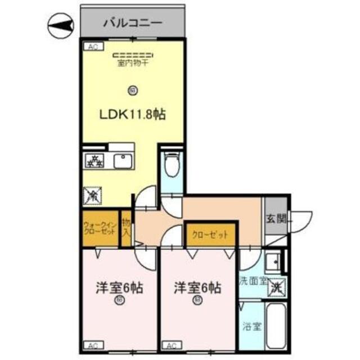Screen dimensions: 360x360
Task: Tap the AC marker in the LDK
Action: click(91, 48)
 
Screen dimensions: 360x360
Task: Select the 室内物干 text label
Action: click(133, 62)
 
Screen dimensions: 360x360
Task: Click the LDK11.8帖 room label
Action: click(133, 114)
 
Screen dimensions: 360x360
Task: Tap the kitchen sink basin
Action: click(123, 161)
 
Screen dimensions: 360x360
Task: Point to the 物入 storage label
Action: click(127, 228)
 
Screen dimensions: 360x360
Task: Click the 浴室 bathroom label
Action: click(251, 326)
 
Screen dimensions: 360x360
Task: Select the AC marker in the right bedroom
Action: click(171, 345)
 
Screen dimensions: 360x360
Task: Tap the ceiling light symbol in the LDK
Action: click(133, 89)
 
